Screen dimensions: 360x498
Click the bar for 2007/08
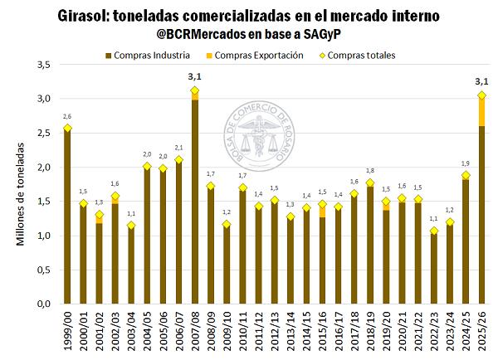pyautogui.click(x=195, y=203)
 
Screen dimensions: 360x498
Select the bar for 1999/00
pyautogui.click(x=67, y=217)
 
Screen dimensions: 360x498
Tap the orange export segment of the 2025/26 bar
pyautogui.click(x=481, y=111)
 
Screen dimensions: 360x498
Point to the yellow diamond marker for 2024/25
pyautogui.click(x=466, y=175)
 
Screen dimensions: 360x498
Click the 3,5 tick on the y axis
pyautogui.click(x=44, y=65)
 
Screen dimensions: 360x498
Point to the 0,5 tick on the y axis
pyautogui.click(x=44, y=270)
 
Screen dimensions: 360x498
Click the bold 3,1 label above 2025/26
pyautogui.click(x=481, y=81)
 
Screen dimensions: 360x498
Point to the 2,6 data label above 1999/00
pyautogui.click(x=67, y=116)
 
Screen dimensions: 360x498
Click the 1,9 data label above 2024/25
pyautogui.click(x=466, y=163)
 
